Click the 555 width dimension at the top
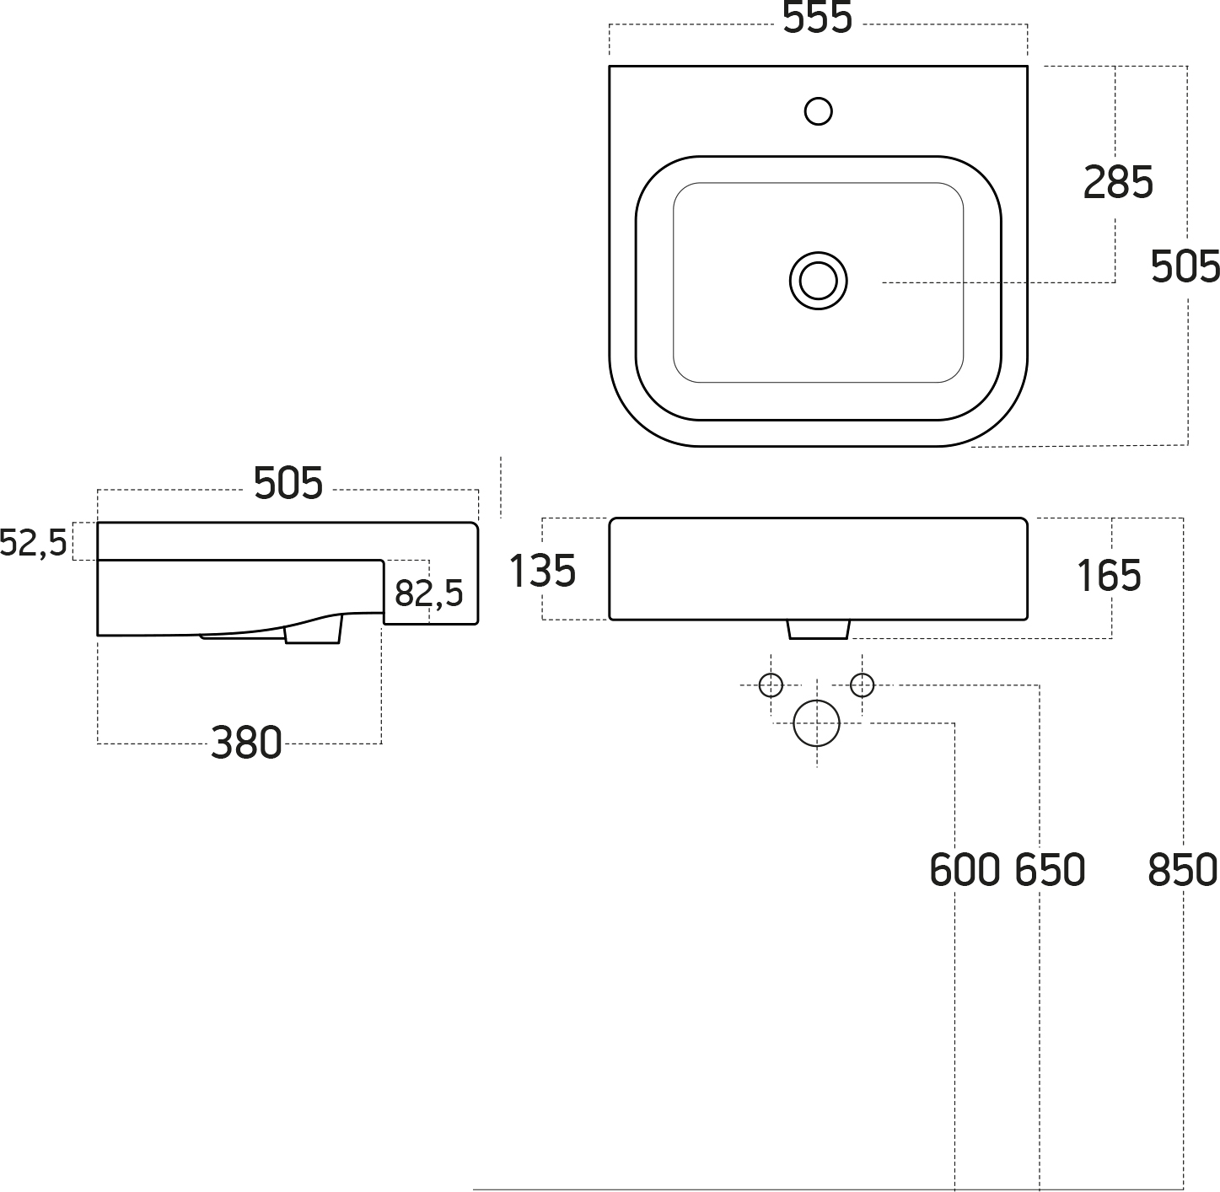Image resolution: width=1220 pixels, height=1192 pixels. coord(817,19)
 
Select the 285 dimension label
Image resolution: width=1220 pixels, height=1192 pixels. coord(1118,182)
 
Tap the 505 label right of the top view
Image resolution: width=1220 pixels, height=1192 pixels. coord(1185,266)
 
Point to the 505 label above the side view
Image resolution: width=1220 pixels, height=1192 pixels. coord(288,483)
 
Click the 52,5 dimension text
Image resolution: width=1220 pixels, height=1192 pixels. coord(33,543)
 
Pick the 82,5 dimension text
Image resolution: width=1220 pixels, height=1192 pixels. coord(429,593)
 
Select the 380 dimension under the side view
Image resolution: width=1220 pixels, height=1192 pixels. coord(246,743)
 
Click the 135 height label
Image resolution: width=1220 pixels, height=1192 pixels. coord(543,571)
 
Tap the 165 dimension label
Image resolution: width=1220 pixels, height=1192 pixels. coord(1110,576)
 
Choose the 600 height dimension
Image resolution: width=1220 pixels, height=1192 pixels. coord(965,870)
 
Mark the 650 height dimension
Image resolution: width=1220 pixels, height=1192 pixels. coord(1050,870)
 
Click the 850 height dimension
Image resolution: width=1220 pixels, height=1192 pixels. coord(1182,870)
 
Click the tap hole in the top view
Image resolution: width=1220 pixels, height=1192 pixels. coord(819,111)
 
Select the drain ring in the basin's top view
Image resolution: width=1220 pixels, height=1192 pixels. coord(818,281)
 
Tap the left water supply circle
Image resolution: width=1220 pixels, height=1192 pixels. coord(771,685)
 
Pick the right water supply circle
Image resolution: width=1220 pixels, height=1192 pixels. coord(862,685)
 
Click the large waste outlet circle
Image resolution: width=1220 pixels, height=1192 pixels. coord(817,723)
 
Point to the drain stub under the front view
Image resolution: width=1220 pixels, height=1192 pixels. coord(818,630)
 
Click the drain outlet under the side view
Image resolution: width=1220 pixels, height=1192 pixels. coord(314,631)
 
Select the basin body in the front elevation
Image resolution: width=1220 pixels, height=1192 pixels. coord(818,569)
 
